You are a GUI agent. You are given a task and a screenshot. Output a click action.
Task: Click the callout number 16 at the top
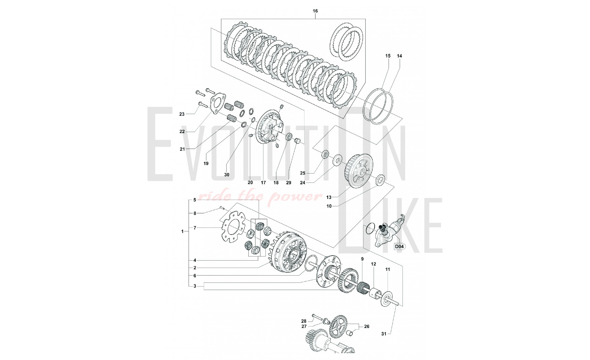pos(315,11)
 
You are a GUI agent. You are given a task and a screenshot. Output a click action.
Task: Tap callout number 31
pos(383,334)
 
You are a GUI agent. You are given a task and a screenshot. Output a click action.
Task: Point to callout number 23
pos(182,114)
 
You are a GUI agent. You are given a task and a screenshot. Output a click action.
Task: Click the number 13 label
pos(329,197)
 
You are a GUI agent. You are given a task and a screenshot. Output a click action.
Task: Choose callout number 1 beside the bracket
pos(183,231)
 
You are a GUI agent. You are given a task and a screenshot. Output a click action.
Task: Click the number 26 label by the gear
pos(367,326)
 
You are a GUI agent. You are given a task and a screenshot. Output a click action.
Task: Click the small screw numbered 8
pos(222,209)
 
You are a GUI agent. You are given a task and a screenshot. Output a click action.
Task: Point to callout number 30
pos(227,175)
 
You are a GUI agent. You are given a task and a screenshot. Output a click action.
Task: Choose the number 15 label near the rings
pos(388,56)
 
